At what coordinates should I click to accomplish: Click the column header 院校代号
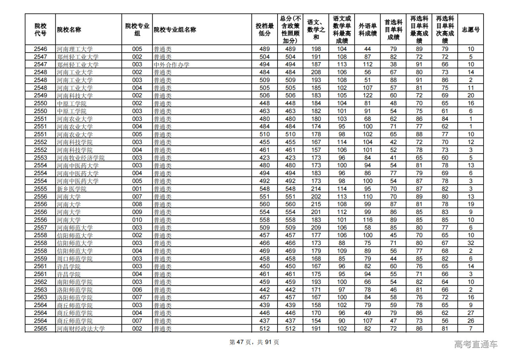click(x=40, y=30)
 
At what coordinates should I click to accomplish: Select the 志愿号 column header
click(x=470, y=30)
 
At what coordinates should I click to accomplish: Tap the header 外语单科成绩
click(x=368, y=30)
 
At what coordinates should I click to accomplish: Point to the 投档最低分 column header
click(x=264, y=30)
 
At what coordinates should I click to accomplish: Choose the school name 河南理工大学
click(x=75, y=49)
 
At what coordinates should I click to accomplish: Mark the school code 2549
click(x=40, y=96)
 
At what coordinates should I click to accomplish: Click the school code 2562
click(x=40, y=282)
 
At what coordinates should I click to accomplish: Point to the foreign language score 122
click(x=368, y=96)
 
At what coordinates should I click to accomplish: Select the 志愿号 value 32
click(x=470, y=243)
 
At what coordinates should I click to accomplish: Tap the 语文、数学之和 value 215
click(x=316, y=204)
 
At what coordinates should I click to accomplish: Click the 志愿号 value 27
click(x=470, y=313)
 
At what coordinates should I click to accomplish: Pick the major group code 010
click(x=137, y=220)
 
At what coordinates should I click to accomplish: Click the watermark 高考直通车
click(x=476, y=344)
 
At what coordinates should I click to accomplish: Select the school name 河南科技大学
click(x=75, y=96)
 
